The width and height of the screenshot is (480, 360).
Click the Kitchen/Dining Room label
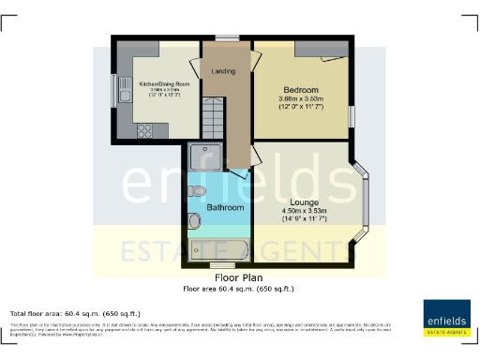[164, 84]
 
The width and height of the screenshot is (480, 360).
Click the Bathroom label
[226, 207]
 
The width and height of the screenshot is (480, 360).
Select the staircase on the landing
[215, 122]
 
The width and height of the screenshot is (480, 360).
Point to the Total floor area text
[62, 312]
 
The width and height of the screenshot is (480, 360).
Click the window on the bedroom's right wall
[352, 114]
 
